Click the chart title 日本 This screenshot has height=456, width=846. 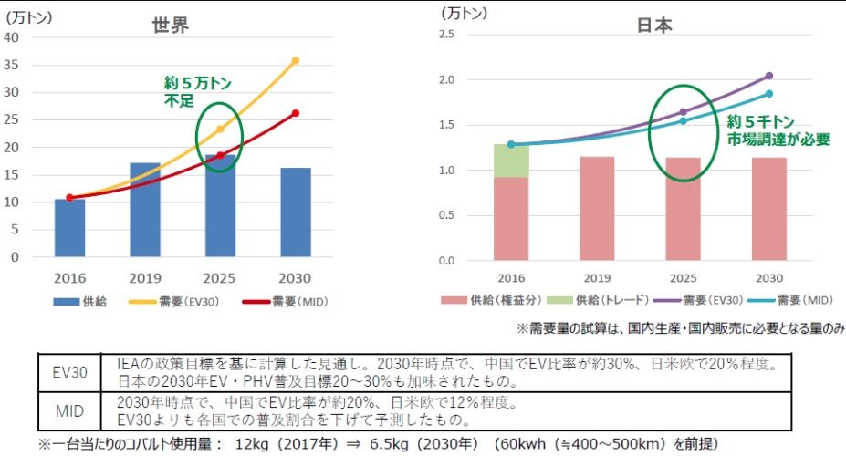(x=654, y=26)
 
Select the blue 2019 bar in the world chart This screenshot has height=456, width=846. (x=144, y=210)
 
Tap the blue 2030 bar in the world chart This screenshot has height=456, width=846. (x=296, y=212)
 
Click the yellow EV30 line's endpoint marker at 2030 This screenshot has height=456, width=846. (x=296, y=60)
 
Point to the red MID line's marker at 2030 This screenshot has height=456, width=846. (x=296, y=113)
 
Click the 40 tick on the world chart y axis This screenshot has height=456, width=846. (x=12, y=37)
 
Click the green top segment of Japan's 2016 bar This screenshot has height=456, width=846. (x=512, y=161)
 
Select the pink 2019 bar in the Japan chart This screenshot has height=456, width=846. (x=598, y=209)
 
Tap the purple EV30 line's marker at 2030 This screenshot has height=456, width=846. (x=768, y=76)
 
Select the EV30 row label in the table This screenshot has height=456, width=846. (x=69, y=373)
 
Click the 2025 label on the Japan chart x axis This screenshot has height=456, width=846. (x=683, y=278)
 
